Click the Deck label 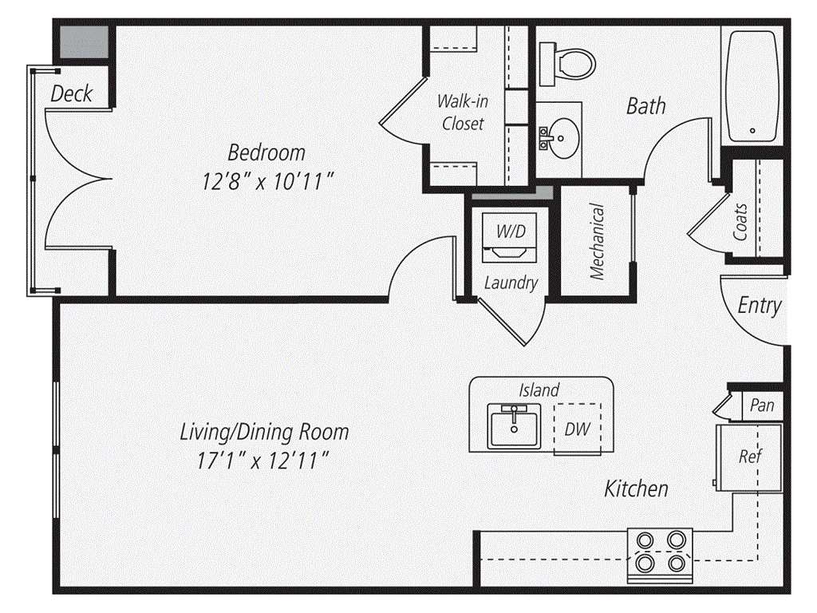71,94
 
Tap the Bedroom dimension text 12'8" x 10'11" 267,182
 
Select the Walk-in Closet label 463,112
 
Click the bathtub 752,86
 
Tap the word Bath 646,106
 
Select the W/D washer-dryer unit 510,237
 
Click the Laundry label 511,283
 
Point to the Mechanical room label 597,241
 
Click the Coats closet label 740,222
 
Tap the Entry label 760,306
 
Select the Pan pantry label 762,405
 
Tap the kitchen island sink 515,426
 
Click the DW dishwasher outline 578,429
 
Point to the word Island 539,390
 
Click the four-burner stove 660,556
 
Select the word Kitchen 636,489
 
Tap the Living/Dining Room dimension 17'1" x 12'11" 262,461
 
